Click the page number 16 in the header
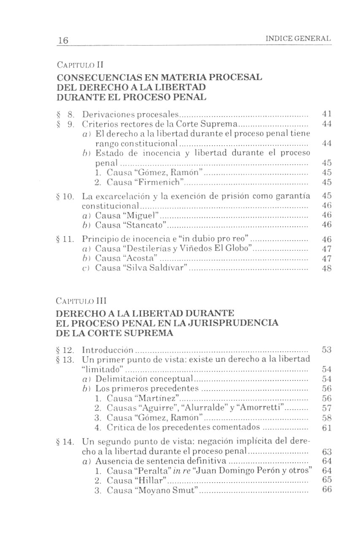tap(63, 41)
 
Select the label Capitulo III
tap(81, 302)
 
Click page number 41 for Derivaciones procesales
tap(326, 114)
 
